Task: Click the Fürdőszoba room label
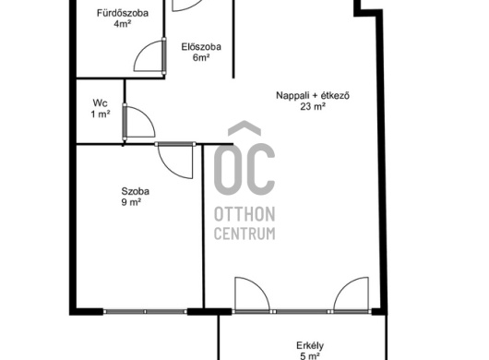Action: coord(122,14)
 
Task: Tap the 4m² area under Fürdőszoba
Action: coord(122,24)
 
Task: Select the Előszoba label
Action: coord(201,47)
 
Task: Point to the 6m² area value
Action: coord(201,58)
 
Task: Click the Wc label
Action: coord(101,103)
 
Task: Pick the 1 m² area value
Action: coord(101,114)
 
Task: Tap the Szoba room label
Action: coord(135,191)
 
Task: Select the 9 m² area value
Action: coord(131,202)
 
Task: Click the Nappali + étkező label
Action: coord(313,95)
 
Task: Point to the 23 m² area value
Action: coord(313,106)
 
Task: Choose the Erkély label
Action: coord(310,345)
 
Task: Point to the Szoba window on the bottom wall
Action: coord(145,311)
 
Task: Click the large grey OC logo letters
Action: coord(244,158)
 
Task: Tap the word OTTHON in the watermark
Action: coord(244,214)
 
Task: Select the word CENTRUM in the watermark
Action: coord(244,234)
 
